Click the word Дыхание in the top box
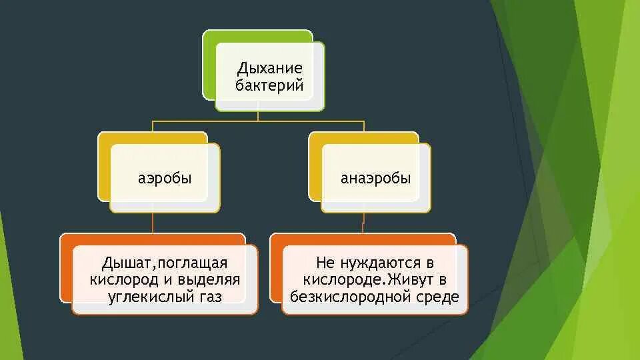tap(270, 69)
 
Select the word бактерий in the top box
tap(270, 85)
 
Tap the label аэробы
tap(165, 179)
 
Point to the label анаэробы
tap(376, 179)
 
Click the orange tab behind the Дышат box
tap(66, 267)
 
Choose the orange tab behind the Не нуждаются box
tap(276, 267)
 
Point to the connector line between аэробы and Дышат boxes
tap(153, 223)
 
